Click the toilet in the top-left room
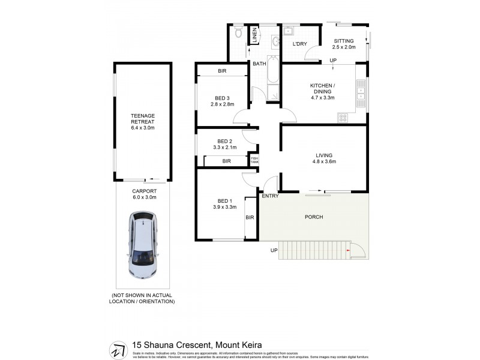tap(239, 33)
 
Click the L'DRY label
tap(299, 44)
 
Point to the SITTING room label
tap(344, 40)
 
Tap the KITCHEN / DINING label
tap(322, 88)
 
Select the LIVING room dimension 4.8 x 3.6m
tap(322, 161)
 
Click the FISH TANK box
tap(254, 160)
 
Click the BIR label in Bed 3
tap(222, 71)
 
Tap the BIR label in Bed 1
tap(250, 217)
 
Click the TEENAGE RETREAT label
tap(143, 119)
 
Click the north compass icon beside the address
tap(119, 348)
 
